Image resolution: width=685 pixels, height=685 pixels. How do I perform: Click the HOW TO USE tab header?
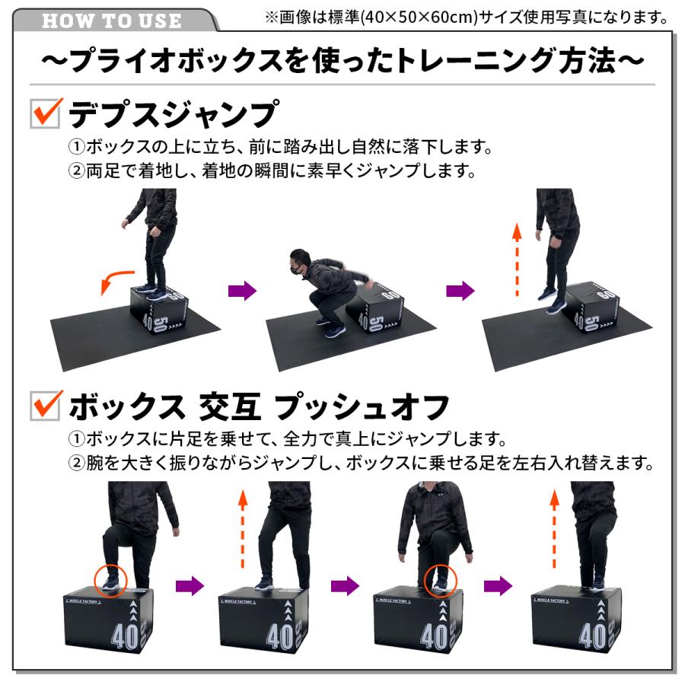(x=112, y=20)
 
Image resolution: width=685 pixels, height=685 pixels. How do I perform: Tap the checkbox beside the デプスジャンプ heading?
(x=46, y=114)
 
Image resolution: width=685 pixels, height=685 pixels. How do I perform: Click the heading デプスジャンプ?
(x=171, y=115)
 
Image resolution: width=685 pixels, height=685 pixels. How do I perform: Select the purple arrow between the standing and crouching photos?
(x=243, y=291)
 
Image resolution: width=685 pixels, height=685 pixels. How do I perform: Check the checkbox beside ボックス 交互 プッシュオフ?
(x=46, y=405)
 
